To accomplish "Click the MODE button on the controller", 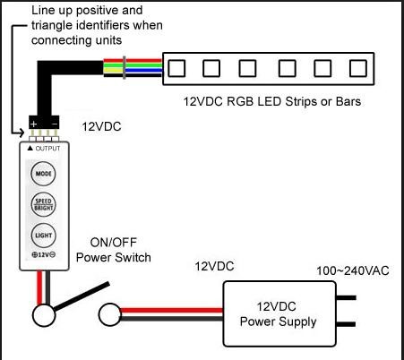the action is (43, 174).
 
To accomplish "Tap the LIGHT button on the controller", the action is (43, 236).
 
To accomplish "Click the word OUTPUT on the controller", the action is (47, 149).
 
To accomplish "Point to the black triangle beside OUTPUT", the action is (30, 148).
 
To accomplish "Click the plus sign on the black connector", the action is (34, 124).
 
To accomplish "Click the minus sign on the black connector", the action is (55, 124).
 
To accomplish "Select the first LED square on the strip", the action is (176, 68).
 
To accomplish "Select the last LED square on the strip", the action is (358, 68).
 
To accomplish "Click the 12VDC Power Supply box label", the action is (278, 314).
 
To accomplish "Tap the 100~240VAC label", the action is (353, 270).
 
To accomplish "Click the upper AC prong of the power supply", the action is (346, 297).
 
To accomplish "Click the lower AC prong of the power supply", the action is (346, 324).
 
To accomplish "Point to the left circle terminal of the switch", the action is (44, 315).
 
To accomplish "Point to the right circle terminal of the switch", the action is (110, 314).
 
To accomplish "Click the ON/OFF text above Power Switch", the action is (114, 243).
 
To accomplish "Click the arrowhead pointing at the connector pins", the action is (21, 133).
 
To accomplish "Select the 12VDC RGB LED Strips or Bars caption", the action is (272, 101).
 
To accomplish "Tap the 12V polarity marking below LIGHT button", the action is (44, 254).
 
